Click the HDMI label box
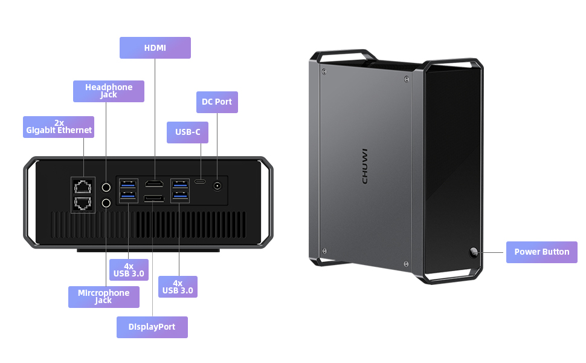pyautogui.click(x=155, y=48)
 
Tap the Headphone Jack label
pyautogui.click(x=109, y=91)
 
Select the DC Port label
pyautogui.click(x=217, y=102)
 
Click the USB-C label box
pyautogui.click(x=187, y=132)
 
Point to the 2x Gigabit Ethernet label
pyautogui.click(x=59, y=127)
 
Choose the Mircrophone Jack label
pyautogui.click(x=103, y=296)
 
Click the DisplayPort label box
pyautogui.click(x=152, y=327)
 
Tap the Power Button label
pyautogui.click(x=541, y=252)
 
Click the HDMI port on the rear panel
pyautogui.click(x=153, y=183)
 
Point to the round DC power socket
pyautogui.click(x=217, y=186)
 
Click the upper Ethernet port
pyautogui.click(x=83, y=186)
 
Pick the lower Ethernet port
pyautogui.click(x=83, y=203)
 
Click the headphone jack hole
pyautogui.click(x=107, y=187)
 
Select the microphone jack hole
pyautogui.click(x=107, y=203)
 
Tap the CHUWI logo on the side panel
pyautogui.click(x=365, y=166)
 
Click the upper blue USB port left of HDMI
pyautogui.click(x=128, y=183)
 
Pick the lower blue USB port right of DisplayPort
pyautogui.click(x=179, y=195)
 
